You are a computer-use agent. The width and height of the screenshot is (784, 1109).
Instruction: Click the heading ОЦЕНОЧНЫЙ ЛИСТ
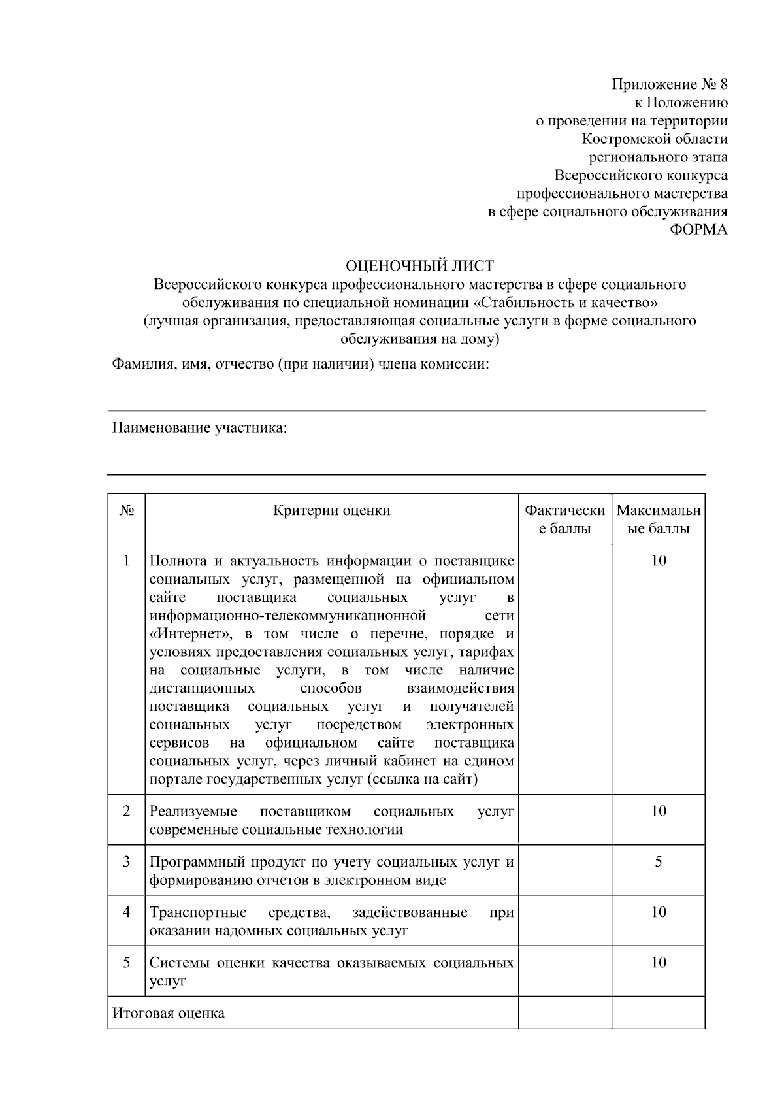point(419,266)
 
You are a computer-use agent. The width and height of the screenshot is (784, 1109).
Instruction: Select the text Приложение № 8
point(669,84)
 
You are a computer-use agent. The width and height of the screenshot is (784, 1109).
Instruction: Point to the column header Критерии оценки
point(331,510)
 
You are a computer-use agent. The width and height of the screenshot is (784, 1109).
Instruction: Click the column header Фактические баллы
point(565,519)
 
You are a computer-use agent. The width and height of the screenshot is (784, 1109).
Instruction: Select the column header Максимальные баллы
point(658,519)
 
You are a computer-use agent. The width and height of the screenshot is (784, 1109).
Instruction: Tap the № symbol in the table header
point(127,510)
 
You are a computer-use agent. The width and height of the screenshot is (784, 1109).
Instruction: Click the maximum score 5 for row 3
point(658,862)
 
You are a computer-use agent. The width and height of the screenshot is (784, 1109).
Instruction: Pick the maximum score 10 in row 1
point(658,561)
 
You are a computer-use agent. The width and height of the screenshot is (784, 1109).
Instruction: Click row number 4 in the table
point(127,912)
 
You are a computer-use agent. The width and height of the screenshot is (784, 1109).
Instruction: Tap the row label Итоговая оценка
point(169,1013)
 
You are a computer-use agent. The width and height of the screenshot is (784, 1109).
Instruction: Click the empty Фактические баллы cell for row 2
point(565,819)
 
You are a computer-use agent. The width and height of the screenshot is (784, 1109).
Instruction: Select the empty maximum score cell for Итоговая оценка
point(658,1012)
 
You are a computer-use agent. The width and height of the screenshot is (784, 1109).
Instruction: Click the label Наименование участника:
point(200,428)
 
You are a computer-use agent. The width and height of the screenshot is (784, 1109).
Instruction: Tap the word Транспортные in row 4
point(198,912)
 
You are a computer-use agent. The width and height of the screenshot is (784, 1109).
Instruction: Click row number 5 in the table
point(127,963)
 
